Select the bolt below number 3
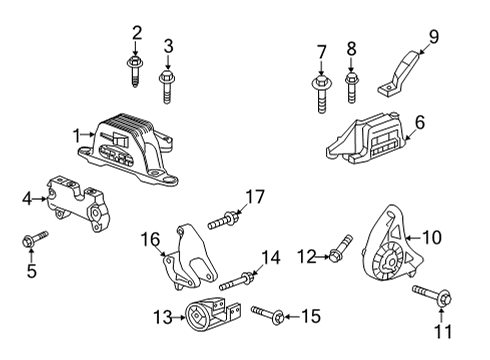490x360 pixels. [167, 84]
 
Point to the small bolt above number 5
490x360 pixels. [33, 240]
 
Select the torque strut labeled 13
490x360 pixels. [209, 317]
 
